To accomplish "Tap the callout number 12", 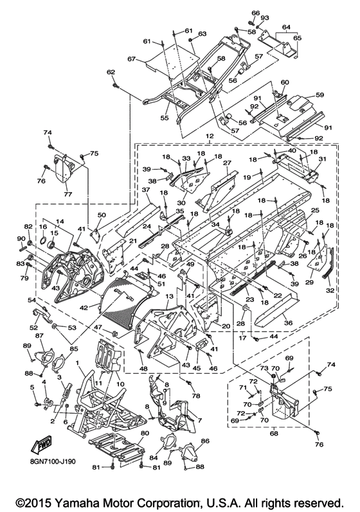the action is coord(210,135).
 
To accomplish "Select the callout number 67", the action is coord(131,58).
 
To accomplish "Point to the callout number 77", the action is coord(67,194).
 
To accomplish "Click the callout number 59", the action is coord(319,95).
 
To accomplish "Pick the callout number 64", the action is coord(286,26).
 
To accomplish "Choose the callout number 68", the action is coord(274,434).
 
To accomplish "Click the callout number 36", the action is coord(289,323).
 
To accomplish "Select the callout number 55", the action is coord(165,118).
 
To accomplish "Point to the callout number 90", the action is coord(22,239).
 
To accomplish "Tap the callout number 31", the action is coord(323,159).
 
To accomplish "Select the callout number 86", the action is coord(205,441).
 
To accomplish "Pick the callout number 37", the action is coord(146,190).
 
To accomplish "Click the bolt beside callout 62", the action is coord(115,85).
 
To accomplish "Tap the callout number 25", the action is coord(315,211).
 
